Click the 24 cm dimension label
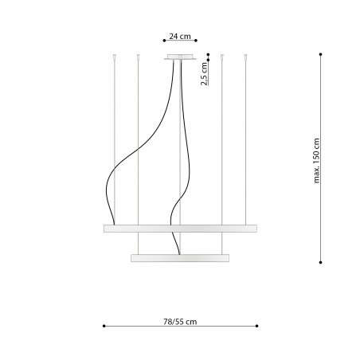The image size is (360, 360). tap(180, 37)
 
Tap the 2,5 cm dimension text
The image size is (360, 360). tap(204, 74)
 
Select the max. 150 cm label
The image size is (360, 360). tap(317, 161)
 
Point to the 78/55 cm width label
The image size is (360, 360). tap(180, 322)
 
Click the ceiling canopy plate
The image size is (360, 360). tap(180, 57)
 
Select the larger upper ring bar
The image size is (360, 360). tap(180, 229)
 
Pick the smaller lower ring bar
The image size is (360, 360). tap(180, 258)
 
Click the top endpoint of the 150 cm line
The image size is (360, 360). tap(321, 54)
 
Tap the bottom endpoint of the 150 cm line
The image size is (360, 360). tap(321, 262)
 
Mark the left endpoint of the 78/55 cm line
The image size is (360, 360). tap(104, 326)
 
